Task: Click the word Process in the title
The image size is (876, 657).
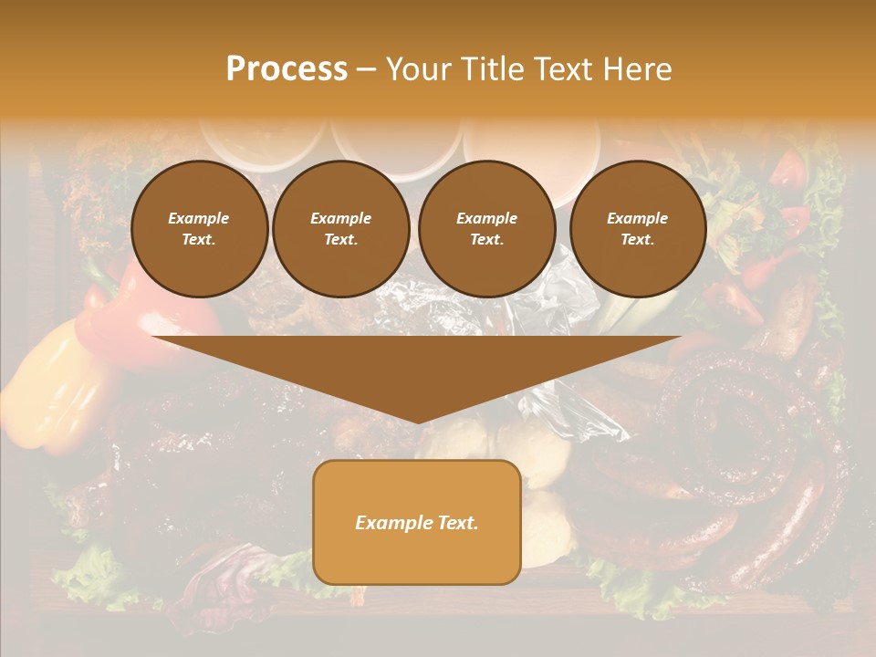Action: pyautogui.click(x=287, y=69)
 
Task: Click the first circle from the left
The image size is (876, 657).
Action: pyautogui.click(x=200, y=229)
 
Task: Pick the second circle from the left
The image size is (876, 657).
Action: pyautogui.click(x=341, y=229)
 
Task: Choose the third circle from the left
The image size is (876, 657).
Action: pyautogui.click(x=487, y=229)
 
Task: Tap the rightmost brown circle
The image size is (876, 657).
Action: pyautogui.click(x=638, y=229)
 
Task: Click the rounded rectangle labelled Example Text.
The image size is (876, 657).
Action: pyautogui.click(x=417, y=522)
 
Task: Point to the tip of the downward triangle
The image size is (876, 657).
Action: pyautogui.click(x=417, y=422)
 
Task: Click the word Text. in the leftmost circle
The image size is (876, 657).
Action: pyautogui.click(x=199, y=240)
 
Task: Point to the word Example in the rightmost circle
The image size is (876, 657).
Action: pyautogui.click(x=637, y=218)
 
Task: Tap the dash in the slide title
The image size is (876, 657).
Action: pyautogui.click(x=367, y=69)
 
